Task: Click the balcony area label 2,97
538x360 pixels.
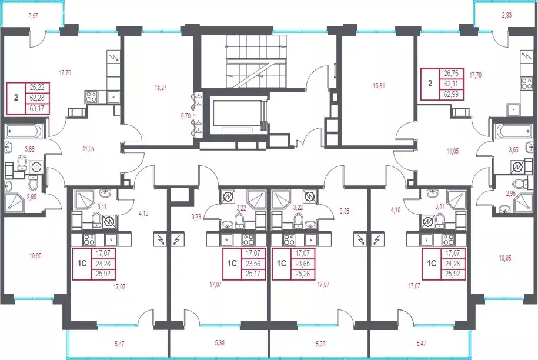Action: (x=34, y=16)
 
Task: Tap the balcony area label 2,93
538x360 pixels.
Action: (x=506, y=15)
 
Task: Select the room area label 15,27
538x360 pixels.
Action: (x=161, y=88)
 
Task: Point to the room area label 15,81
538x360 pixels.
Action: (x=379, y=86)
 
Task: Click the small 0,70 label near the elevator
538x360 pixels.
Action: (x=186, y=116)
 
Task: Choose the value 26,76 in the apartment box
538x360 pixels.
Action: (x=451, y=74)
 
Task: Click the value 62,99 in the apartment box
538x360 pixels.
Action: (x=451, y=94)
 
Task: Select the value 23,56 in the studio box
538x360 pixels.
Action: (x=253, y=264)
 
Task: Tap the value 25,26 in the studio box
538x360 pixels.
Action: (x=302, y=274)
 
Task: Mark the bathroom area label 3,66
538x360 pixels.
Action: (x=29, y=149)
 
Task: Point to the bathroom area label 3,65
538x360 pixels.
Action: (x=513, y=150)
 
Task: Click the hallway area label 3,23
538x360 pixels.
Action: (x=196, y=217)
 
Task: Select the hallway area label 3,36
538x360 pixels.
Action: (x=345, y=211)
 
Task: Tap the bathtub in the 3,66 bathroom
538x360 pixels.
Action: (x=24, y=131)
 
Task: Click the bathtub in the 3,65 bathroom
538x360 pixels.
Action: (x=514, y=131)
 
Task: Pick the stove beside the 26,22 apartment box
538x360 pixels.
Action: (x=91, y=96)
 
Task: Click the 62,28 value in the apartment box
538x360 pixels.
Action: (x=37, y=98)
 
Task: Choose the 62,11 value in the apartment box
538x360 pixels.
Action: (x=451, y=84)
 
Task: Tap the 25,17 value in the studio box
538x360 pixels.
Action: (x=253, y=274)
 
